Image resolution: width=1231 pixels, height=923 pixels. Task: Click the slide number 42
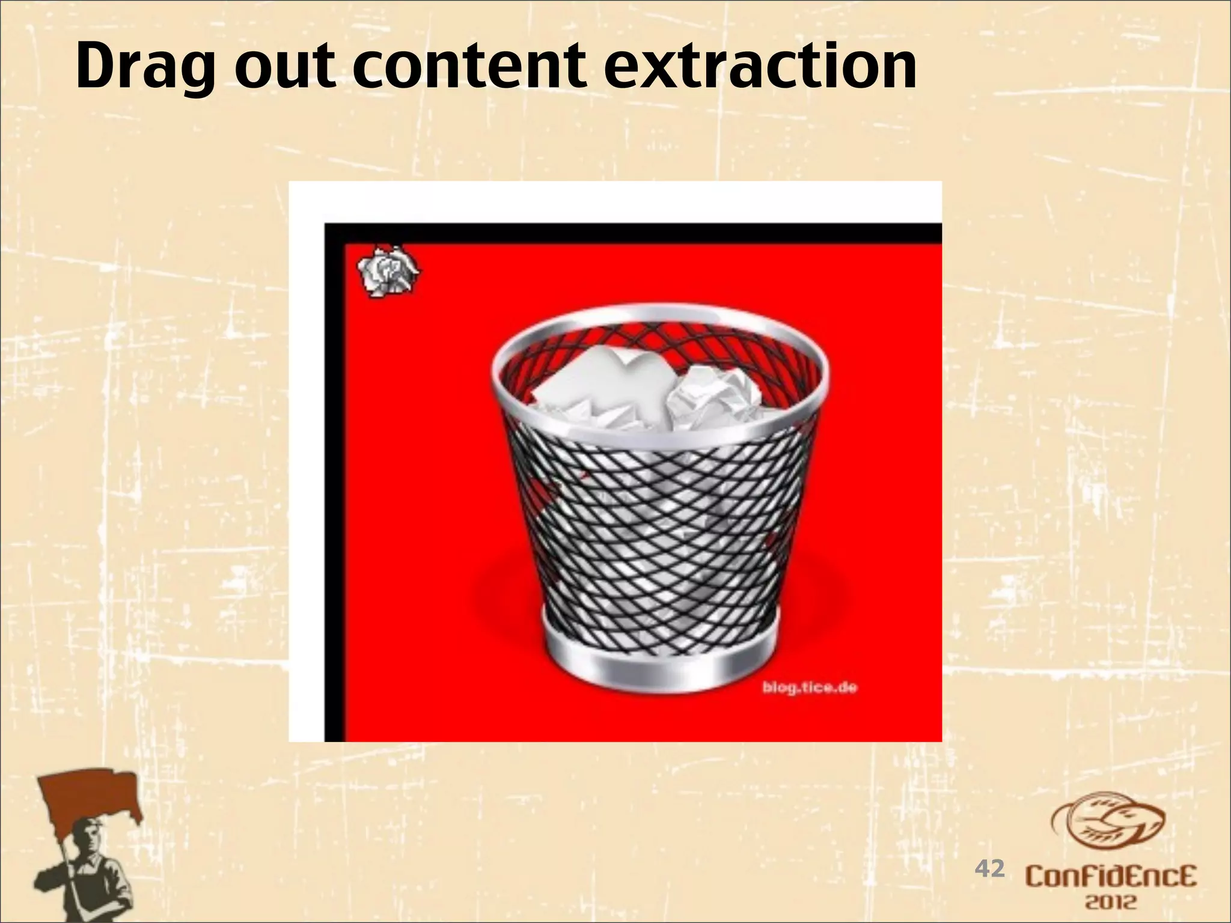(989, 868)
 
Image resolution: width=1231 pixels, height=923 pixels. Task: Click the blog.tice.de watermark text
(810, 687)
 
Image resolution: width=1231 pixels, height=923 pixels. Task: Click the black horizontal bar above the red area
(631, 233)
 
